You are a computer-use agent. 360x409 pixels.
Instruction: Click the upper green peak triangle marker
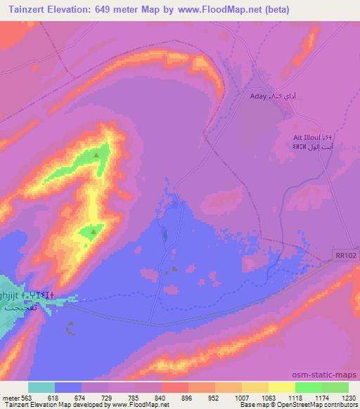tap(96, 154)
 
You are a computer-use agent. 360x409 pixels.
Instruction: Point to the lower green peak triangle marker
tap(93, 231)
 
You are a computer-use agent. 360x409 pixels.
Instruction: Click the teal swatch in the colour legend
tap(41, 387)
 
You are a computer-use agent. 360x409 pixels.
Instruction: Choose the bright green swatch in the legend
tap(309, 387)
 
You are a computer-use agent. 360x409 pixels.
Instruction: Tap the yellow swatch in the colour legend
tap(282, 387)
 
